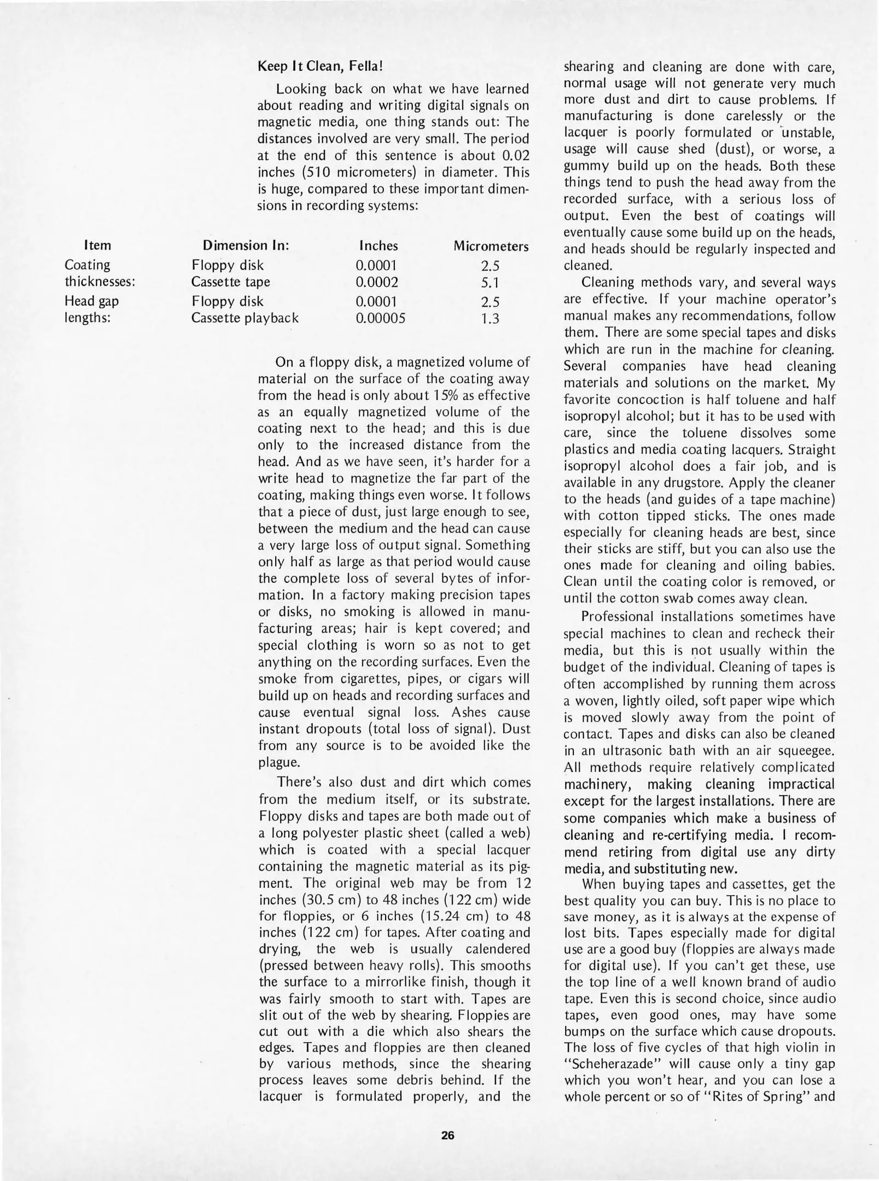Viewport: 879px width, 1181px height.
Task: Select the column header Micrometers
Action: tap(491, 246)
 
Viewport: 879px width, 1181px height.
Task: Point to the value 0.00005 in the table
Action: tap(381, 318)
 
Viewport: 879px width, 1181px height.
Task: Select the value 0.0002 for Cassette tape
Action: tap(377, 282)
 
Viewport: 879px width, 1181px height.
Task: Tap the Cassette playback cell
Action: tap(245, 318)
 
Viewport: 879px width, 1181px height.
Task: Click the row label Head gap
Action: tap(91, 301)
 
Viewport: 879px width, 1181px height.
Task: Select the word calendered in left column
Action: tap(498, 949)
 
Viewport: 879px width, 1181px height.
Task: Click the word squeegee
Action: tap(805, 751)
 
